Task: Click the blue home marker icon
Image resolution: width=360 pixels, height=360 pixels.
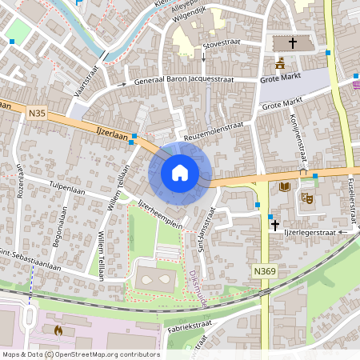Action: [180, 172]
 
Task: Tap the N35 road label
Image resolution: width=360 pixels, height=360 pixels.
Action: [37, 114]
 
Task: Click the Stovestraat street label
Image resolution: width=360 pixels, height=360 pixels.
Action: [223, 46]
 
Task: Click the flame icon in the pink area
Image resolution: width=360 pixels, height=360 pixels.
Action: [57, 329]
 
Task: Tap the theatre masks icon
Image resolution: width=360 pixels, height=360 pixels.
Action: [306, 197]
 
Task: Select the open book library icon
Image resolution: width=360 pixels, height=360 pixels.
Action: [283, 187]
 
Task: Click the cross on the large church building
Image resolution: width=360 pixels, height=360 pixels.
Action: [293, 43]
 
